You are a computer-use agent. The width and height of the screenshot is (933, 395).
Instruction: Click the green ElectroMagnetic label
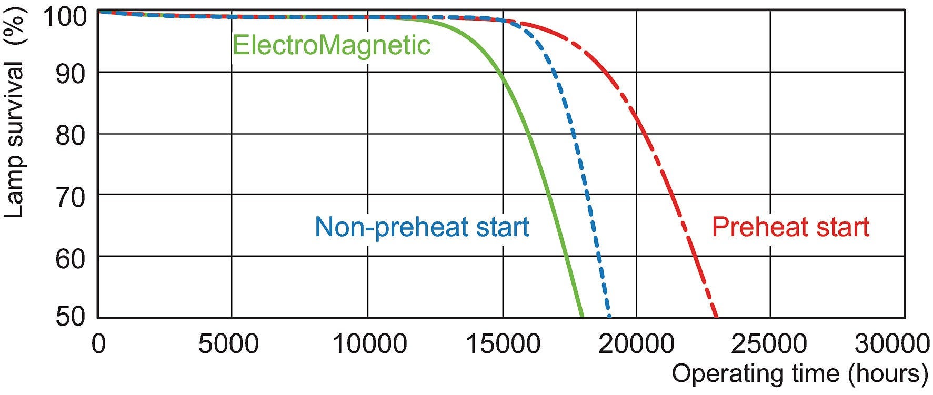click(x=331, y=45)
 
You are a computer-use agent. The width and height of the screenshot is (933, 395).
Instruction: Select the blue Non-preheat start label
click(x=422, y=227)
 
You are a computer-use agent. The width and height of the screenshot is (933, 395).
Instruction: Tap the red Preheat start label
click(x=790, y=227)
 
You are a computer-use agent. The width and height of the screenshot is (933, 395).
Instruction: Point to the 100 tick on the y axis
click(x=64, y=17)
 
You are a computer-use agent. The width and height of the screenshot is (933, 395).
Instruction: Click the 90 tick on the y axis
click(x=70, y=74)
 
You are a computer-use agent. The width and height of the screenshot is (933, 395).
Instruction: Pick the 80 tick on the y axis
click(x=70, y=136)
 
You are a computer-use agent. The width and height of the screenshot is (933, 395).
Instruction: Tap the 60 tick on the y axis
click(x=70, y=259)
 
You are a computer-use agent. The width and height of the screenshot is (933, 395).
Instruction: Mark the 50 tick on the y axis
click(x=70, y=317)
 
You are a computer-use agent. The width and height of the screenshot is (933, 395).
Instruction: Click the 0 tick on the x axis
click(x=98, y=345)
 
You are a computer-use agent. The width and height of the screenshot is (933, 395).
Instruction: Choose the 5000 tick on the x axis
click(x=228, y=345)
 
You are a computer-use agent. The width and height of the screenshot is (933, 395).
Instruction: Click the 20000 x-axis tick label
click(x=637, y=345)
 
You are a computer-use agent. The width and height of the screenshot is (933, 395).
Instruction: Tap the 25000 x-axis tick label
click(x=769, y=345)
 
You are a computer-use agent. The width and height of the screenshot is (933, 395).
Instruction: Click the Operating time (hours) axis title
click(x=800, y=374)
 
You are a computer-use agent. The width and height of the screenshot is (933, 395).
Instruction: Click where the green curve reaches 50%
click(x=582, y=317)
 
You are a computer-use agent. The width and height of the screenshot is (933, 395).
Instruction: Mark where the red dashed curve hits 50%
click(x=716, y=317)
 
